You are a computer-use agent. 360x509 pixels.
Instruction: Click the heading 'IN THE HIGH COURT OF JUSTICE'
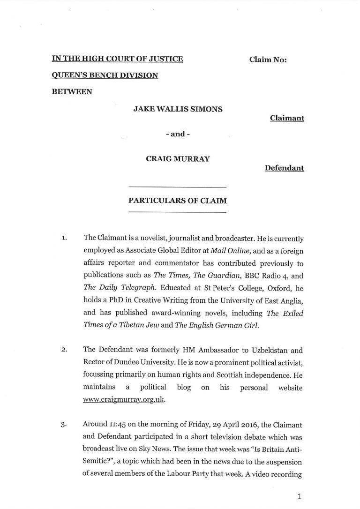[117, 59]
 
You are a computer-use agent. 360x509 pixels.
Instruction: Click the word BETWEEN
[72, 91]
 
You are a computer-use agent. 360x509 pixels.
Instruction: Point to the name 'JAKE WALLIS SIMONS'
[177, 109]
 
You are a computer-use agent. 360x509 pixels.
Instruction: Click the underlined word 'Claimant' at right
[287, 119]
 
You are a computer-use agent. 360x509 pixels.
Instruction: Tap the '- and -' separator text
[177, 134]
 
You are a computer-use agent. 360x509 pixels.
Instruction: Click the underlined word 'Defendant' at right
[284, 167]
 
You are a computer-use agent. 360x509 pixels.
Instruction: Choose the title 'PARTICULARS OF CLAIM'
[177, 201]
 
